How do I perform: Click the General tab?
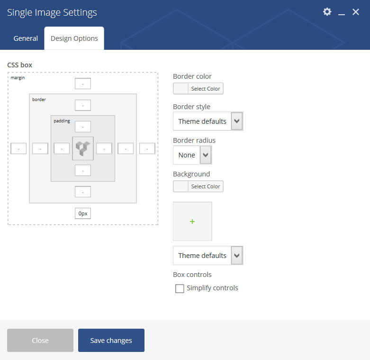pos(26,38)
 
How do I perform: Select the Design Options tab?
pos(74,38)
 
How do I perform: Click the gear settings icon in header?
pos(327,12)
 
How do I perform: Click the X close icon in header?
pos(356,12)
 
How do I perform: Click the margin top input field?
pos(83,83)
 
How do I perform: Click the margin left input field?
pos(18,148)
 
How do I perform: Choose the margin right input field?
pos(147,148)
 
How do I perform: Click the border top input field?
pos(83,105)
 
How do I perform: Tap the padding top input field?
pos(83,127)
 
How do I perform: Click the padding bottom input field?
pos(83,170)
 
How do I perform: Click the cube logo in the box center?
pos(83,148)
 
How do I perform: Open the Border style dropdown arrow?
pos(237,121)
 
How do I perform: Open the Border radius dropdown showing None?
pos(192,155)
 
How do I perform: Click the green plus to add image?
pos(192,222)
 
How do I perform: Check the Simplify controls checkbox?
pos(180,288)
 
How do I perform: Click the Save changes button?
pos(111,340)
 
